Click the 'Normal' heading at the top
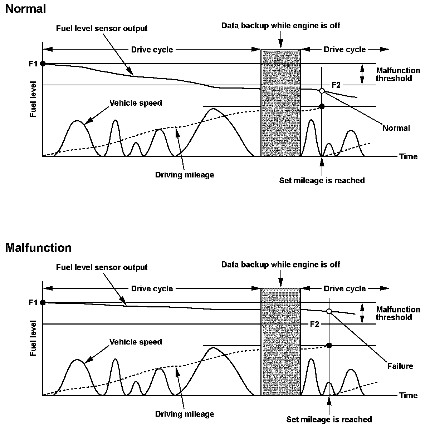(x=25, y=9)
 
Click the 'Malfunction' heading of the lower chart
(x=38, y=248)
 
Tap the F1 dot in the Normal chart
(x=43, y=64)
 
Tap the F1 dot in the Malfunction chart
(x=43, y=302)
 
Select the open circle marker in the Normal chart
(x=322, y=91)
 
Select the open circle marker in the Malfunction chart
(x=329, y=311)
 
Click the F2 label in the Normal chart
(x=336, y=85)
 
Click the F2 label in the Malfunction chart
(x=314, y=324)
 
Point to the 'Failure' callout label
(x=400, y=366)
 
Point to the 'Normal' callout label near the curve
(x=396, y=128)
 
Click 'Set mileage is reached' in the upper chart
(x=322, y=181)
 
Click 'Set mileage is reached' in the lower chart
(x=329, y=420)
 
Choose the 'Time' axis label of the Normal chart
(x=409, y=156)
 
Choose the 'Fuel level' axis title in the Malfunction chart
(x=33, y=338)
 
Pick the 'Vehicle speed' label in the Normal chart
(x=136, y=103)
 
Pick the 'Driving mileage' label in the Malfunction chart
(x=185, y=414)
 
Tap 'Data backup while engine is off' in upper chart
(x=280, y=25)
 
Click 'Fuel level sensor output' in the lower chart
(x=102, y=267)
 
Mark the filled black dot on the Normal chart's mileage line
(x=322, y=106)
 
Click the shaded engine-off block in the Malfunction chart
(x=281, y=342)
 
